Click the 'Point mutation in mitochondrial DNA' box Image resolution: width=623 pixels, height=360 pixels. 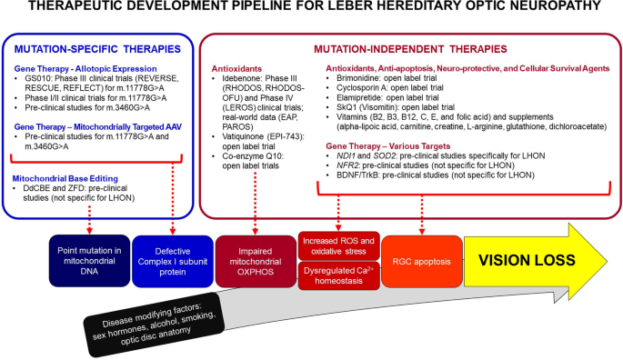coord(89,261)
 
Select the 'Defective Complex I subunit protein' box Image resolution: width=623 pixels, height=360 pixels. coord(173,261)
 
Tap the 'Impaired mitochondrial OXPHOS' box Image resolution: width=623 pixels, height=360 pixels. coord(256,261)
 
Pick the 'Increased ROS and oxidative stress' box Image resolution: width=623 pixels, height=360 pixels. coord(338,246)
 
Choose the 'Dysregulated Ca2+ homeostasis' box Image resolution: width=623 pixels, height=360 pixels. coord(338,275)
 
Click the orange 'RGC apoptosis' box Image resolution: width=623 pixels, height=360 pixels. coord(422,261)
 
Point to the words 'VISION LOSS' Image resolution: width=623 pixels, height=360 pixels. coord(527,260)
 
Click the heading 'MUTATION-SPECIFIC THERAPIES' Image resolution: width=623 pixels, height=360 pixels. coord(97,49)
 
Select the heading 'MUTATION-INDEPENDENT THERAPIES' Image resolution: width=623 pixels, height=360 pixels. coord(410,49)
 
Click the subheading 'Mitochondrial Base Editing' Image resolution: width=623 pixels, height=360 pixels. coord(65,178)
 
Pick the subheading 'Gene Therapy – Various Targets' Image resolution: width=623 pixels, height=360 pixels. coord(388,145)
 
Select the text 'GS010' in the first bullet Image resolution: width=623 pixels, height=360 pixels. coord(35,78)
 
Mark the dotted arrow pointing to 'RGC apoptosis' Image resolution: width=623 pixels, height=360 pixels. coord(422,215)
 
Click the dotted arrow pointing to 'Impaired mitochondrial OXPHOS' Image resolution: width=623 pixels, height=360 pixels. coord(255,204)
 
